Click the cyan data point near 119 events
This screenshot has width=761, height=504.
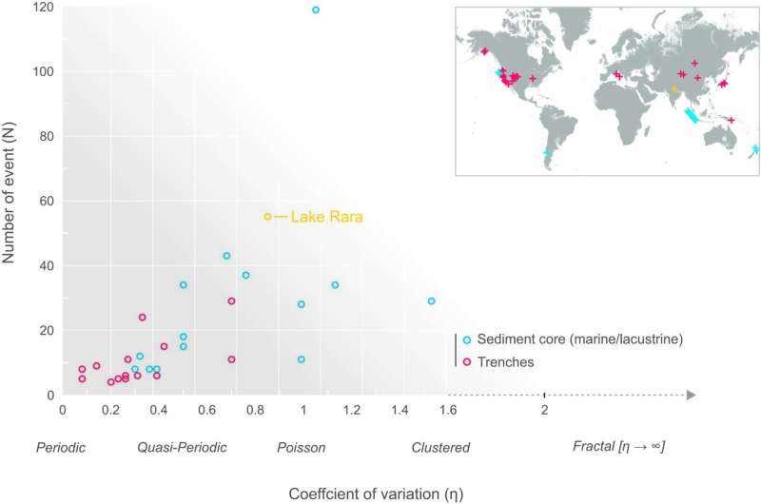(316, 10)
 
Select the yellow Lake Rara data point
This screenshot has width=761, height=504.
(267, 217)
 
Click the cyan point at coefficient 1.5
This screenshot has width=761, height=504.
(431, 301)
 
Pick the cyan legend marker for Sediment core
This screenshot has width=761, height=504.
(466, 339)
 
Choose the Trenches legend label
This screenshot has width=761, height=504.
(506, 361)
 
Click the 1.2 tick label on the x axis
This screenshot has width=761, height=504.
(351, 411)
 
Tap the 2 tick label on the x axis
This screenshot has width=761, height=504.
(544, 411)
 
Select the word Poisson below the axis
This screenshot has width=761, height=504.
(302, 446)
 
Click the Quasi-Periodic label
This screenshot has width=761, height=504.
(182, 446)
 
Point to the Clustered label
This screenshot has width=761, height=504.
(440, 446)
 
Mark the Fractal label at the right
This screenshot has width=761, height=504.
(618, 446)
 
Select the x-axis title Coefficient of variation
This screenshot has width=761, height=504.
(377, 492)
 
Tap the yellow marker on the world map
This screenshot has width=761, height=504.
(674, 89)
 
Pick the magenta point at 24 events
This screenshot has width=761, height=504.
(143, 318)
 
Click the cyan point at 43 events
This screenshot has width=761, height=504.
(226, 256)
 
